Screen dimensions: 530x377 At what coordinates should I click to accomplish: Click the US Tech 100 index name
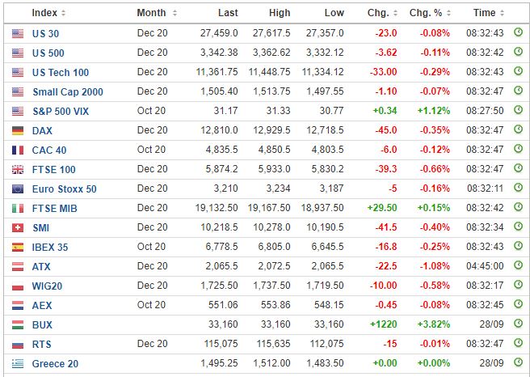[x=61, y=73]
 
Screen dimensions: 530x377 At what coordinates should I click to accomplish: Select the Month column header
[x=151, y=13]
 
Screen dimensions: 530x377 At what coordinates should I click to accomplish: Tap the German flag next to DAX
[x=18, y=130]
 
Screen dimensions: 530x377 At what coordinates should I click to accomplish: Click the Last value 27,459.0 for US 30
[x=219, y=33]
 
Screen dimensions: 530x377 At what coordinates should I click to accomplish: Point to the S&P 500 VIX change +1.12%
[x=434, y=111]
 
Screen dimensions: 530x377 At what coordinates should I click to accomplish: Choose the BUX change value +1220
[x=383, y=324]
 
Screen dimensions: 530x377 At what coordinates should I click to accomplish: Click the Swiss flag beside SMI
[x=18, y=228]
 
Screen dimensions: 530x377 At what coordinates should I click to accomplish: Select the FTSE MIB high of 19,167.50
[x=269, y=208]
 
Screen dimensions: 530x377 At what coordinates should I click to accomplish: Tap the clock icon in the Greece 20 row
[x=518, y=362]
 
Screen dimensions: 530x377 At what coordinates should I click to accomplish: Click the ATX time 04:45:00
[x=485, y=266]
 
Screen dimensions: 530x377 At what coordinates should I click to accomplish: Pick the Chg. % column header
[x=426, y=13]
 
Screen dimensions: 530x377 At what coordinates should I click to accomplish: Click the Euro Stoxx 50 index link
[x=64, y=188]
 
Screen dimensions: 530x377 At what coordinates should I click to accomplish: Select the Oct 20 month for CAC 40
[x=151, y=150]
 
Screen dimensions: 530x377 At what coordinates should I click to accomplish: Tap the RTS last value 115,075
[x=221, y=344]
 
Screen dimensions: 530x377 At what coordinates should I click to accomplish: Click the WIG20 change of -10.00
[x=383, y=286]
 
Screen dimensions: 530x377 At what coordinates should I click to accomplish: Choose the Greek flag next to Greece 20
[x=18, y=364]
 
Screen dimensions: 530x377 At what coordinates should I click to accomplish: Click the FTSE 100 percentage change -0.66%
[x=435, y=169]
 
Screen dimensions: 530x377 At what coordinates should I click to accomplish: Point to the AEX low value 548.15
[x=329, y=305]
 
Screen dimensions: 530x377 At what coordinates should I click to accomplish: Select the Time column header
[x=485, y=13]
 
